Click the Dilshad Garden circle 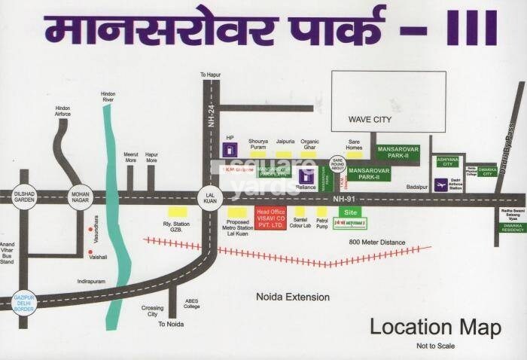pyautogui.click(x=25, y=196)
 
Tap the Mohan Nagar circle pyautogui.click(x=81, y=196)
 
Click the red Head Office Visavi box pyautogui.click(x=270, y=218)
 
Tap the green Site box pyautogui.click(x=349, y=213)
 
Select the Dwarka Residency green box pyautogui.click(x=511, y=226)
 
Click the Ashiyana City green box pyautogui.click(x=447, y=161)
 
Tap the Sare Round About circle pyautogui.click(x=338, y=165)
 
